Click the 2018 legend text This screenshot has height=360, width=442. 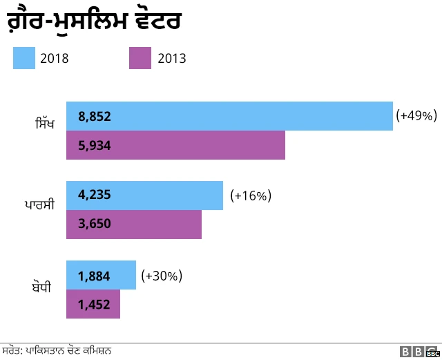[x=54, y=59]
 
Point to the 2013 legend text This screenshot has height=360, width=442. [x=171, y=59]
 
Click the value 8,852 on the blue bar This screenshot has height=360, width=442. [x=95, y=117]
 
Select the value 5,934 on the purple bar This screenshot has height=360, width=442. [x=95, y=146]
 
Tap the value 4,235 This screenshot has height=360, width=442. [x=95, y=196]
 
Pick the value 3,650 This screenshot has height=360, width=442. [x=95, y=224]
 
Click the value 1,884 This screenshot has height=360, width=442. [x=95, y=276]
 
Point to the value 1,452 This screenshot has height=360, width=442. [x=95, y=305]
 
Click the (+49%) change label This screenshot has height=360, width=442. [x=416, y=116]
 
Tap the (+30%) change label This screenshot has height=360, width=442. [x=161, y=276]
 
